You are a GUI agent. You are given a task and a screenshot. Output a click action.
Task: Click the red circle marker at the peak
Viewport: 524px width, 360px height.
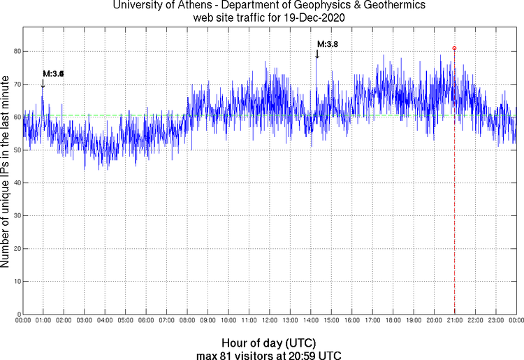[x=455, y=48]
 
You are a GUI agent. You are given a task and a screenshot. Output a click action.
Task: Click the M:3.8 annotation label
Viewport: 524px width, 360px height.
[x=328, y=44]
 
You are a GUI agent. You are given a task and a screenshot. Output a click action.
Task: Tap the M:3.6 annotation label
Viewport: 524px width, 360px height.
[x=53, y=73]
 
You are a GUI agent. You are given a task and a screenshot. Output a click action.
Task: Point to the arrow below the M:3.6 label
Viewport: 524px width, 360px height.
[x=43, y=83]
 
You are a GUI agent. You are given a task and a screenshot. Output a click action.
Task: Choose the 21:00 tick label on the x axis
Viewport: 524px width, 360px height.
[x=454, y=320]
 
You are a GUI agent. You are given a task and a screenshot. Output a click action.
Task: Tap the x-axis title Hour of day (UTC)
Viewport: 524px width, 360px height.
[x=269, y=343]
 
